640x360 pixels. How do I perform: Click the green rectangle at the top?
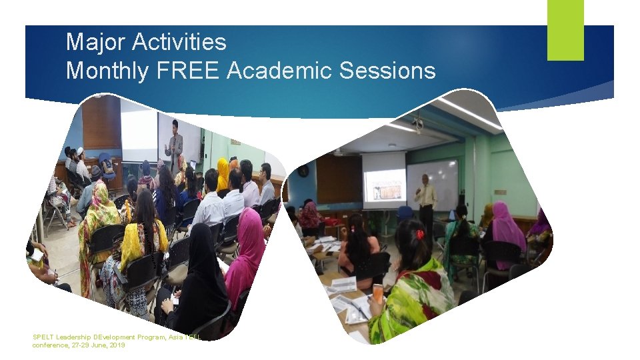[565, 29]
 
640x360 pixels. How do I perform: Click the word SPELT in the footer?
[44, 337]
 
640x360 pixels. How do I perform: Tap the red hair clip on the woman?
[419, 234]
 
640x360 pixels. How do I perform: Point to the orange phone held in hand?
[377, 293]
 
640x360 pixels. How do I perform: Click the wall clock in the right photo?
[303, 171]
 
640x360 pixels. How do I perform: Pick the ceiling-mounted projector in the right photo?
[417, 123]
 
